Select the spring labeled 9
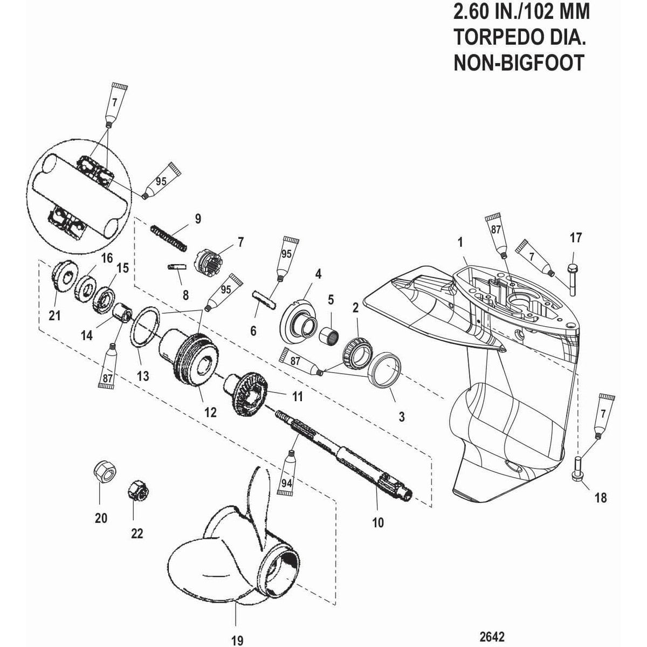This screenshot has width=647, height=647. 168,237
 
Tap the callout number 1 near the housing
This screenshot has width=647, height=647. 460,244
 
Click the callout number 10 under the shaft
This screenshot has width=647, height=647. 378,522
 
